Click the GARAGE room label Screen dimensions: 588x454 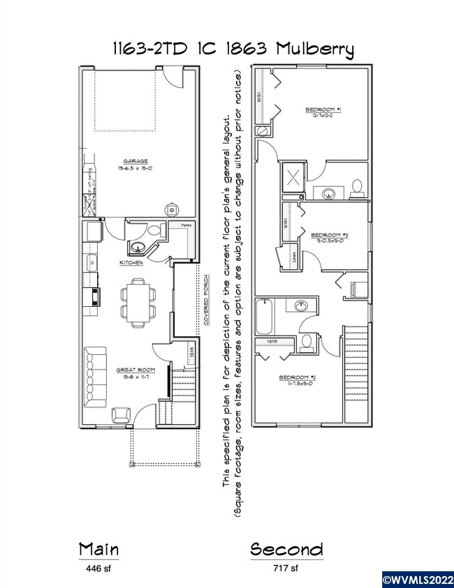[x=136, y=162]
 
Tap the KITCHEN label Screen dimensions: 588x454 [x=131, y=263]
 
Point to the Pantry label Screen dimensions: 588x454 [x=185, y=226]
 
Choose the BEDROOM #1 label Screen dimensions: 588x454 [x=322, y=110]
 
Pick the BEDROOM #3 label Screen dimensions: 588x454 [x=329, y=235]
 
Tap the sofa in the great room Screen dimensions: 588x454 [x=93, y=377]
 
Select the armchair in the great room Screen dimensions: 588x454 [x=119, y=414]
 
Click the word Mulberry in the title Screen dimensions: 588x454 [x=314, y=50]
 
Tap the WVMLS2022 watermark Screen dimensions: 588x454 [x=417, y=579]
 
